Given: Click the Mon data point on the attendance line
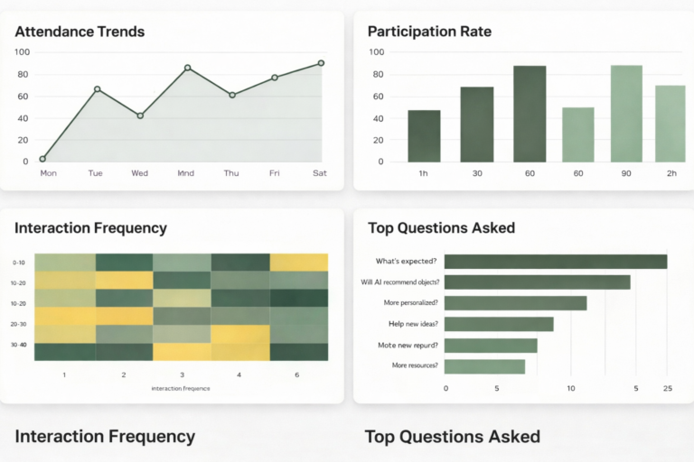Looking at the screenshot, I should coord(42,159).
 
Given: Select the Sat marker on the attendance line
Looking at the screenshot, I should coord(321,63).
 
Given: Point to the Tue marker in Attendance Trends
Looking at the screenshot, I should coord(97,89).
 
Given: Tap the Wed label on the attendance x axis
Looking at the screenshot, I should coord(139,173).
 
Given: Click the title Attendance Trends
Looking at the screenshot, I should coord(80,32).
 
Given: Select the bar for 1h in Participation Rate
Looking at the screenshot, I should coord(424,135).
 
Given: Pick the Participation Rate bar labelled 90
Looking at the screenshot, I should coord(626,114).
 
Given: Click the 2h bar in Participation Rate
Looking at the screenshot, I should coord(670,124).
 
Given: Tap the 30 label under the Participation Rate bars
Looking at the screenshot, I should coord(476,173).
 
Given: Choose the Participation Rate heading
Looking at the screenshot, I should coord(429,32).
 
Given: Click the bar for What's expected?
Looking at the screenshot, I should coord(555,262).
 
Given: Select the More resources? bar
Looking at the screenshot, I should coord(484,365).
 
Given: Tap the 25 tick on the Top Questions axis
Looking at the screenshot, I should coord(667,388).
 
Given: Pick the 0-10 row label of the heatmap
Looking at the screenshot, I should coord(19,263).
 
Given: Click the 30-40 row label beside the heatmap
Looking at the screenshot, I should coord(19,344).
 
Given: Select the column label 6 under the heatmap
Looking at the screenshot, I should coord(297,374).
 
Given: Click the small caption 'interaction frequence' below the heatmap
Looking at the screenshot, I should coord(181,388).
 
